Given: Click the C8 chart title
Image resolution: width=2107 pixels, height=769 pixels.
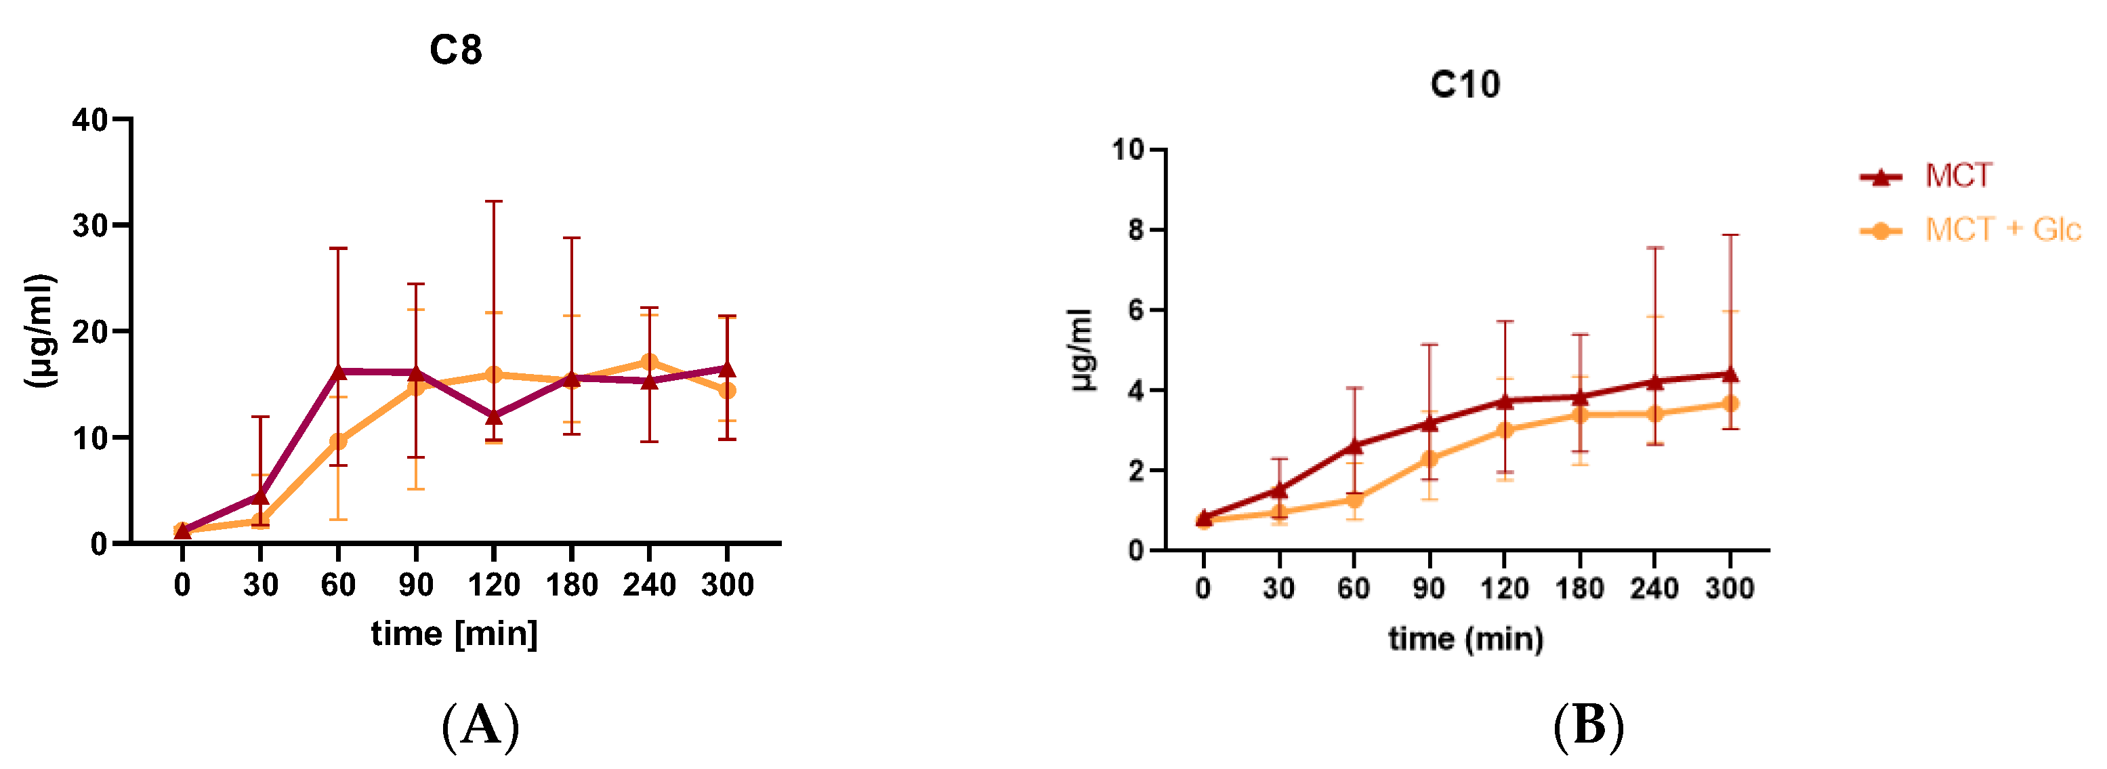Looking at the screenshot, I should [455, 51].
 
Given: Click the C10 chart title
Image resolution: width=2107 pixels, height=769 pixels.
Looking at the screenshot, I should [1465, 84].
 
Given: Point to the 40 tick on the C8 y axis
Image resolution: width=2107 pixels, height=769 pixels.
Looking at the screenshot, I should [89, 120].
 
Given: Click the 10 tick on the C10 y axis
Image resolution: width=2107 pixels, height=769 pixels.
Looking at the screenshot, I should [1127, 150].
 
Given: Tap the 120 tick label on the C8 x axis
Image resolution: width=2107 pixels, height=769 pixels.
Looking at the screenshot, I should [493, 585].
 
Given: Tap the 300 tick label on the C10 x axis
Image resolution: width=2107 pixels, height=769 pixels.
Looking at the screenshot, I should [1729, 588].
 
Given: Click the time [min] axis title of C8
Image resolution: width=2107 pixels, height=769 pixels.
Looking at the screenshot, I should [454, 634].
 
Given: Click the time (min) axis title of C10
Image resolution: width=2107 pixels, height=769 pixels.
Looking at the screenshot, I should [1465, 638].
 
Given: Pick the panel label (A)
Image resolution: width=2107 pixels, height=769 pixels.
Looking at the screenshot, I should [480, 726].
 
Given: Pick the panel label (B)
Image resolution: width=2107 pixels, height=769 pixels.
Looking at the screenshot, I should [1587, 726].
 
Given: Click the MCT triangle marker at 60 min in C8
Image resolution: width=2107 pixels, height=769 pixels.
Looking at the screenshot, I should [339, 371].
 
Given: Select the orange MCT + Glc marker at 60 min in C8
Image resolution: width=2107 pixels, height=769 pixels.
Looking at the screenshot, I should [339, 442].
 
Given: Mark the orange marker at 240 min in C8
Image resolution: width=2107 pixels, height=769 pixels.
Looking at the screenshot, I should [650, 362].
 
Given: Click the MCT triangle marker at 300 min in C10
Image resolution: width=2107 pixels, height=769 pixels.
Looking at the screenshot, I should [1730, 374].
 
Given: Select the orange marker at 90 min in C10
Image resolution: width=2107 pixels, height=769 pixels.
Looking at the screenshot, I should [1429, 459].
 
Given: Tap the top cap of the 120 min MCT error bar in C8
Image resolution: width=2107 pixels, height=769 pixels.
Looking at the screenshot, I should [493, 201].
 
